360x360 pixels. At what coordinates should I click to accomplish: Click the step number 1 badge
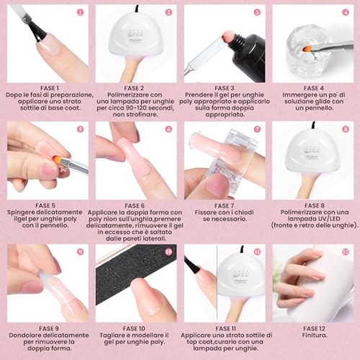80,12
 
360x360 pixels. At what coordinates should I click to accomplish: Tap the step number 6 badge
168,130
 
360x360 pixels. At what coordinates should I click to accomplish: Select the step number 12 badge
346,252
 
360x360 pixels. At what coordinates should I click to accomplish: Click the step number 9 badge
80,252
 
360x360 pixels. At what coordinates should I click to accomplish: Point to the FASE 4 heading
312,88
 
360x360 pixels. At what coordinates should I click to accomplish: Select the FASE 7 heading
224,205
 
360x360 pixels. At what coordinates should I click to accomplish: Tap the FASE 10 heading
136,327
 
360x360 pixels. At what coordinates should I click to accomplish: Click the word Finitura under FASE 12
312,335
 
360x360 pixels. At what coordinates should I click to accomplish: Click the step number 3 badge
257,12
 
